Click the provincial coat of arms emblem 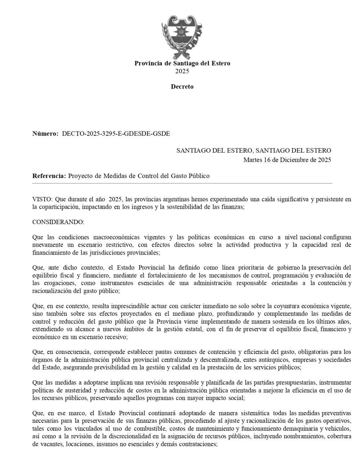point(182,37)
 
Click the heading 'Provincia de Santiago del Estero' point(182,63)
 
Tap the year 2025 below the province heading point(182,71)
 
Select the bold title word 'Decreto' point(182,87)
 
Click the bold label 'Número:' point(45,134)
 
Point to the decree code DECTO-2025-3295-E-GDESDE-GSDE point(116,134)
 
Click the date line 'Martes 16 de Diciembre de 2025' point(287,160)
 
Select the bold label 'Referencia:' point(49,176)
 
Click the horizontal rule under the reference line point(182,184)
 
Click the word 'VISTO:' point(42,200)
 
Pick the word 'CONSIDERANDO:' point(58,222)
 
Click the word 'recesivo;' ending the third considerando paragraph point(116,337)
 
